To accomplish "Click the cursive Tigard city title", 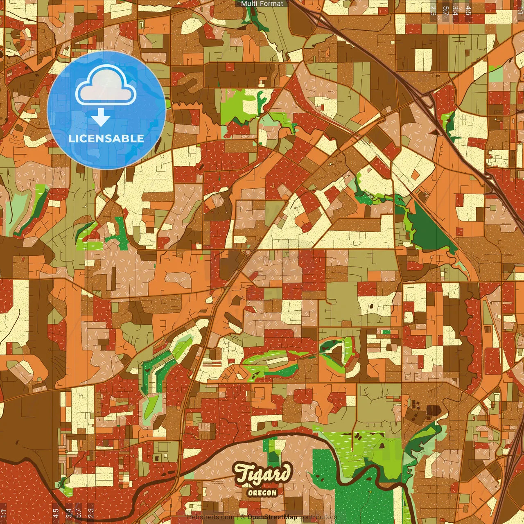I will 263,474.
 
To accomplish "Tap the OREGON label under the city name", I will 262,492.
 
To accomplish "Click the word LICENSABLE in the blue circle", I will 106,138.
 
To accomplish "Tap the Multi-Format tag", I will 262,4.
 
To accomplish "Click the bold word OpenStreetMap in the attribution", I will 272,517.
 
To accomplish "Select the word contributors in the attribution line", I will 318,517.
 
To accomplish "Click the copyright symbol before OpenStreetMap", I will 243,517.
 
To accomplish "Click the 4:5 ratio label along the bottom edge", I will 56,513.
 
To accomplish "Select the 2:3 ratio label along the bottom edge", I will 91,513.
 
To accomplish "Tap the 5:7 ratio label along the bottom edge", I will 78,513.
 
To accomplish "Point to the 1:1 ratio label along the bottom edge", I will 3,513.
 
